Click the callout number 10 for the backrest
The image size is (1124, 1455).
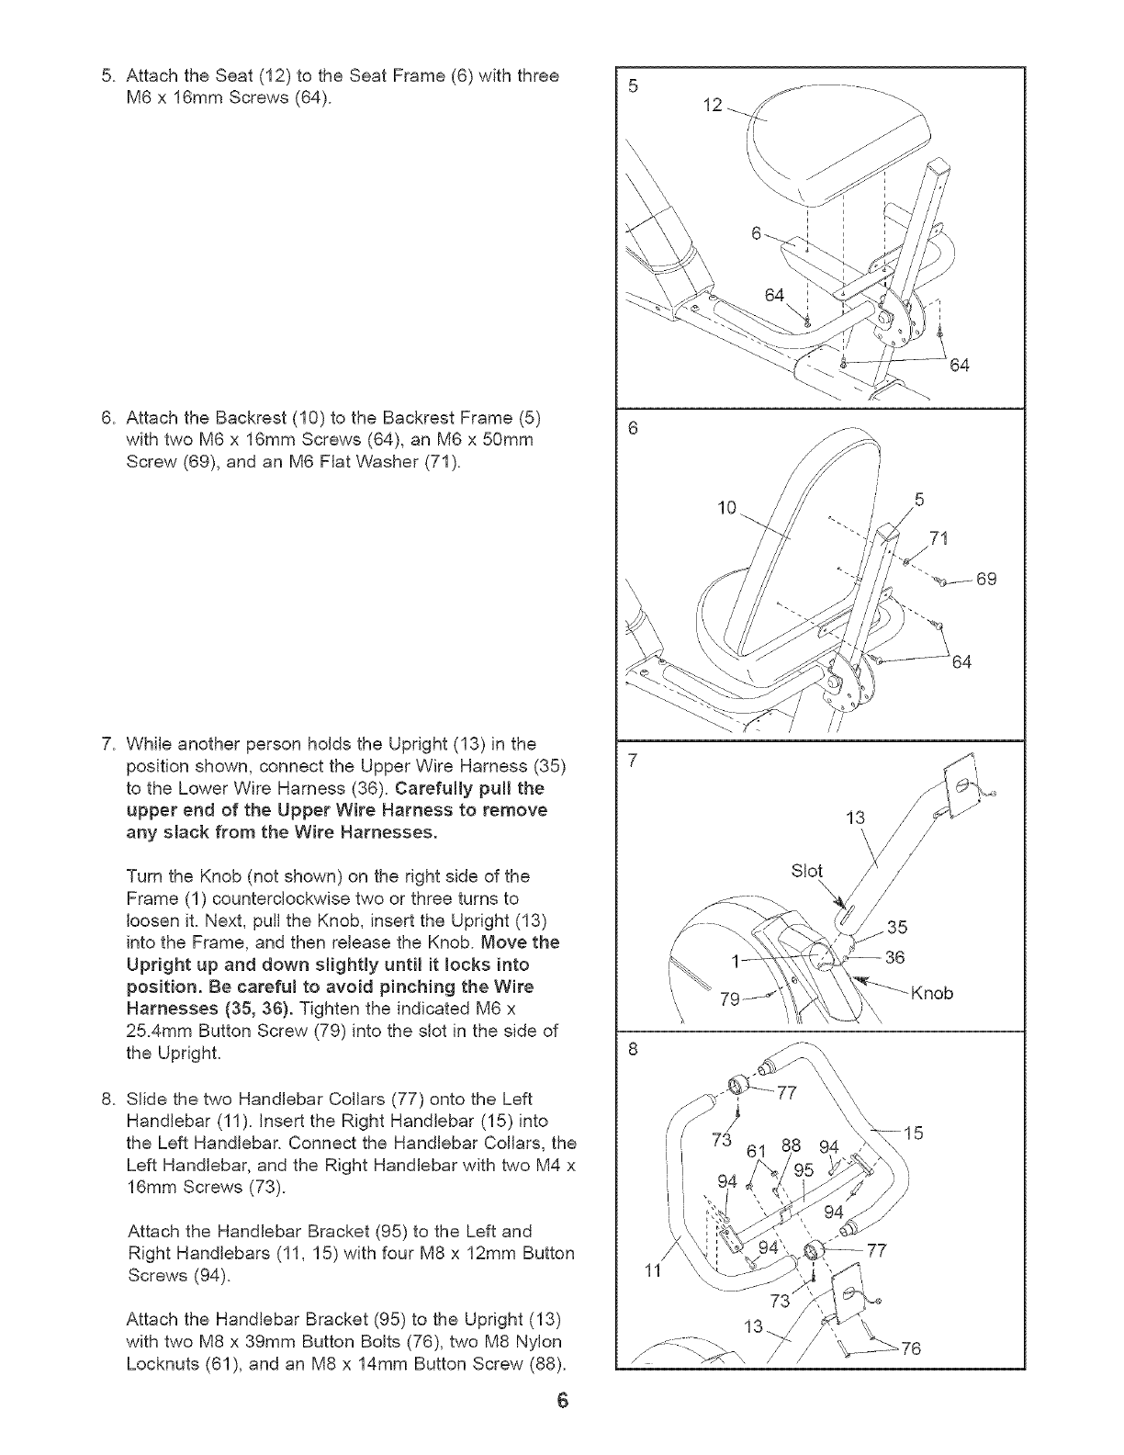(x=727, y=507)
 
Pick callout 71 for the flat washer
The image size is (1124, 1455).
(x=939, y=537)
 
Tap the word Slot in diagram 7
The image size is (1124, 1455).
(x=808, y=871)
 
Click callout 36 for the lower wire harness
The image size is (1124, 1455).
(x=895, y=958)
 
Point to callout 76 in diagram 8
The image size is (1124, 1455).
(x=909, y=1348)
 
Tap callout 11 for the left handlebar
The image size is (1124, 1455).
(x=652, y=1272)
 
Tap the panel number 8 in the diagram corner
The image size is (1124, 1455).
(x=633, y=1047)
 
